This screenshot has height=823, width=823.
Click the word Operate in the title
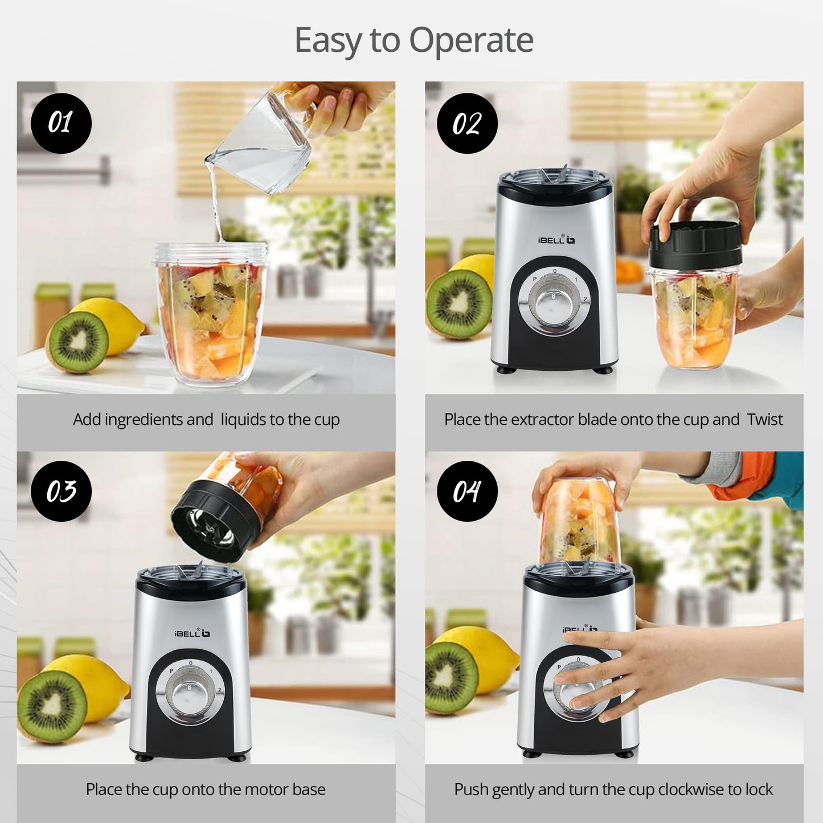tap(471, 40)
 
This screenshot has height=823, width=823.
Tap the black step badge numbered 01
tap(61, 123)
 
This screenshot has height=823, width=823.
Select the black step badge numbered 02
tap(467, 123)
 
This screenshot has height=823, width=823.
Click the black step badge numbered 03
tap(61, 491)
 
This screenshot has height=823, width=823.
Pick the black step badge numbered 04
tap(467, 491)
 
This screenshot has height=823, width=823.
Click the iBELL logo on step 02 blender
tap(556, 240)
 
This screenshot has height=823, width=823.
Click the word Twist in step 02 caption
tap(765, 420)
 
